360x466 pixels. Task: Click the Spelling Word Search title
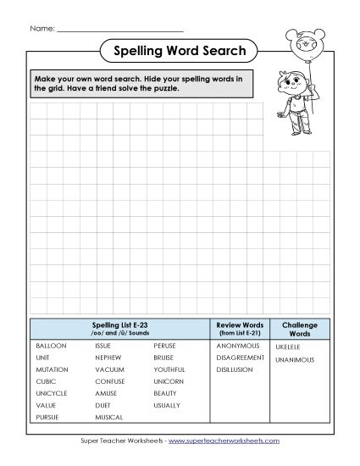point(180,52)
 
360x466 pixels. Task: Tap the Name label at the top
point(42,29)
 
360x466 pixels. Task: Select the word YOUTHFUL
point(169,370)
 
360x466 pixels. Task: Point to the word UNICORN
point(167,382)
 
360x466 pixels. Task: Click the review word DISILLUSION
point(238,370)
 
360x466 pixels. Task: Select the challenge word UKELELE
point(288,348)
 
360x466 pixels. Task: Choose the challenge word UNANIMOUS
point(294,360)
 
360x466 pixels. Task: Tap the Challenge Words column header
point(299,328)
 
